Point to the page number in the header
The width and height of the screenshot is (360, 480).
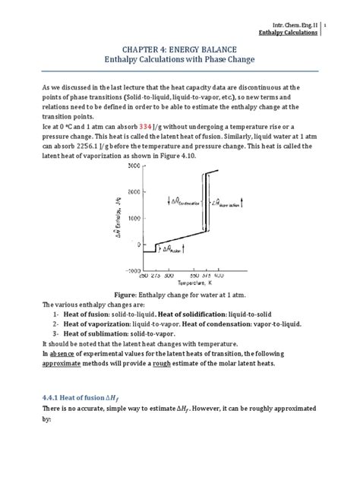coord(346,24)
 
